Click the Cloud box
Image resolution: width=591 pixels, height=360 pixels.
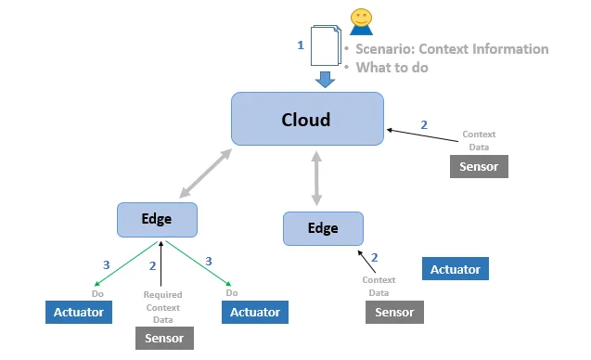pyautogui.click(x=307, y=119)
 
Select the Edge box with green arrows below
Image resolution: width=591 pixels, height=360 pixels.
pyautogui.click(x=157, y=220)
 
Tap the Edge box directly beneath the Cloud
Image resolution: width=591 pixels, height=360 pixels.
pyautogui.click(x=323, y=228)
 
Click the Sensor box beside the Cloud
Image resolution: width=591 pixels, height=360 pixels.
pyautogui.click(x=479, y=166)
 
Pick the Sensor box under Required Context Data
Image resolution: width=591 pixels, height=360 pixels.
pyautogui.click(x=164, y=338)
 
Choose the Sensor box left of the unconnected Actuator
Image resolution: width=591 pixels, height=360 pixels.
pyautogui.click(x=394, y=312)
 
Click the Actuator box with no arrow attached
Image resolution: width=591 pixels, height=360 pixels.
pyautogui.click(x=456, y=269)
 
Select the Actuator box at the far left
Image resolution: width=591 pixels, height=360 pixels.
pyautogui.click(x=78, y=312)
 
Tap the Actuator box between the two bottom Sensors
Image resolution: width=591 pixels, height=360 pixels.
pyautogui.click(x=255, y=312)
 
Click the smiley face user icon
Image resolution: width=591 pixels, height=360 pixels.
pyautogui.click(x=361, y=22)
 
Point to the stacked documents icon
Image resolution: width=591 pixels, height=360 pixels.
pyautogui.click(x=326, y=45)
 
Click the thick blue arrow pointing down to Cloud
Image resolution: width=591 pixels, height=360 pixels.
pyautogui.click(x=325, y=79)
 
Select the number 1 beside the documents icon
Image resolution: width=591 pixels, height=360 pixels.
pyautogui.click(x=301, y=45)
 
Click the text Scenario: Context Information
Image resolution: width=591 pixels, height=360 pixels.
pyautogui.click(x=452, y=49)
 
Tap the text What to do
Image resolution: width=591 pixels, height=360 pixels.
pyautogui.click(x=392, y=68)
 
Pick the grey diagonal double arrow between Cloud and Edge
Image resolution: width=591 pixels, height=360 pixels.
pyautogui.click(x=205, y=173)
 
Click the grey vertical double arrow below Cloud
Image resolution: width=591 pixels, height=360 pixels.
pyautogui.click(x=316, y=179)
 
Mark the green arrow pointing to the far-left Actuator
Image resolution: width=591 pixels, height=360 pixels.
pyautogui.click(x=126, y=264)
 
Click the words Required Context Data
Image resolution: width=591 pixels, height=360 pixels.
pyautogui.click(x=163, y=307)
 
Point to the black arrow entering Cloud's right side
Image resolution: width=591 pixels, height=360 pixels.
pyautogui.click(x=422, y=135)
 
